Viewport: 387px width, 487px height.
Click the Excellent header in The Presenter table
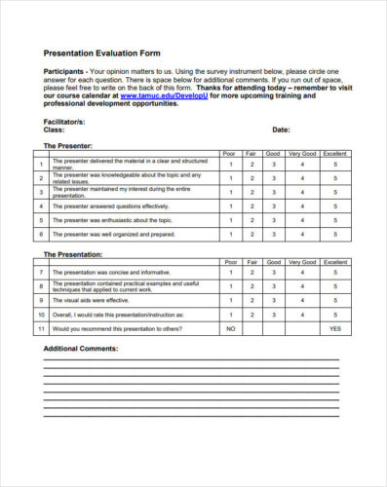click(334, 154)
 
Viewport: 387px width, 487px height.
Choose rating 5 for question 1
click(334, 165)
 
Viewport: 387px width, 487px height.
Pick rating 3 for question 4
click(273, 206)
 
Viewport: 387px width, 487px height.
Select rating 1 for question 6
click(230, 235)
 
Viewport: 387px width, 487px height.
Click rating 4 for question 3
click(302, 193)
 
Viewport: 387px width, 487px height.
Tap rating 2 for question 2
click(252, 178)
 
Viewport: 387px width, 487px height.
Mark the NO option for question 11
click(230, 329)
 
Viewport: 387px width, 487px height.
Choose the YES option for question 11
click(334, 329)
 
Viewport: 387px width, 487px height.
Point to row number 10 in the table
click(42, 316)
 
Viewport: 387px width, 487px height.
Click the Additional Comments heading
click(81, 348)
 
